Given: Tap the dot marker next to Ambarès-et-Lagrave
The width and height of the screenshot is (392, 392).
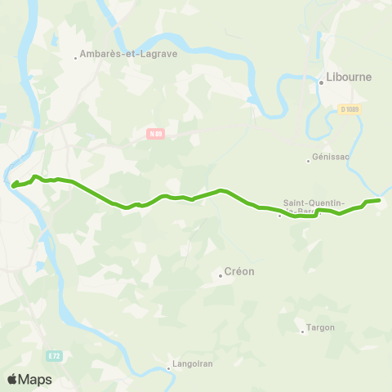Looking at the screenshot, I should pos(76,57).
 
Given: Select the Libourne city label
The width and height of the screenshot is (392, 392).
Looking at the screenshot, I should pos(349,78).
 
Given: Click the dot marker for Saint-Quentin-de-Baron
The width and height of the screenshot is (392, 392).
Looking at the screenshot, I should pos(279,216).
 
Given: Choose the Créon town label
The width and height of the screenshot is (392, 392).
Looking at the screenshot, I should pos(239,272).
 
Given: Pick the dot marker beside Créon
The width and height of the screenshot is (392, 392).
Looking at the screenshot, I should pos(220,275).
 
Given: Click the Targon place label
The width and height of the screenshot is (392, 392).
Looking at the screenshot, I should pos(315,328).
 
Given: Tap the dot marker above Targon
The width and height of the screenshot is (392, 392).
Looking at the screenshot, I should pos(302,320).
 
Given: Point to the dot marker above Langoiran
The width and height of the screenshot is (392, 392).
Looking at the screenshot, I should pos(168,368).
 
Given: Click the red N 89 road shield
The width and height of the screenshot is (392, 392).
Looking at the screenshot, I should pos(156,133).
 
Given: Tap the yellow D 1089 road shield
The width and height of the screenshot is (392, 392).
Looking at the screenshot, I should pos(350,109).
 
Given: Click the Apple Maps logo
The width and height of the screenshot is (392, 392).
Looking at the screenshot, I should pos(29,379).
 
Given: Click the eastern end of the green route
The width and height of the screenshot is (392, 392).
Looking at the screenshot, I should pos(380,200).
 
